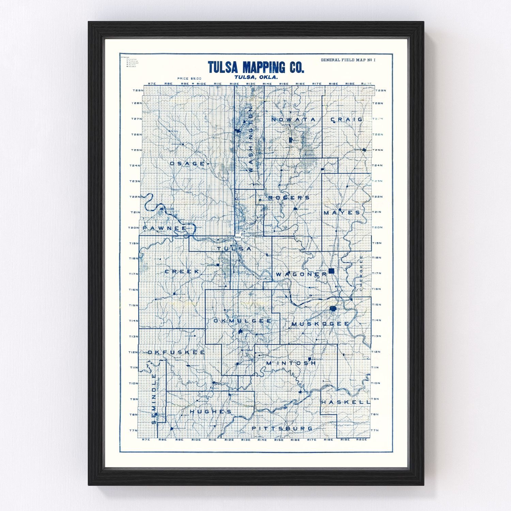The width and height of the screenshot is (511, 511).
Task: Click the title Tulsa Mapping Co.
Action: point(256,67)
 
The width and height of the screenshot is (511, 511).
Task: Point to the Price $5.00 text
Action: point(189,79)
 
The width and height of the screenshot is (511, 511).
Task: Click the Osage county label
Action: point(187,164)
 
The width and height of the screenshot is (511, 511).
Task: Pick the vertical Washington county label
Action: point(251,139)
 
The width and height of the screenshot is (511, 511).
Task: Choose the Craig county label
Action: point(347,120)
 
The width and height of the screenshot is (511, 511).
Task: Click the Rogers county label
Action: point(289,198)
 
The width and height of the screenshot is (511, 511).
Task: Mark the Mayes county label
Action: point(342,213)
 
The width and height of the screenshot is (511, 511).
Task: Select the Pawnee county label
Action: point(165,228)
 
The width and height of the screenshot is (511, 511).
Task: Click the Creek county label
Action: point(182,272)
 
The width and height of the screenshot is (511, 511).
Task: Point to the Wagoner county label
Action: point(301,274)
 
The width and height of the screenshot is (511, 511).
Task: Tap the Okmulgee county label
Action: point(243,321)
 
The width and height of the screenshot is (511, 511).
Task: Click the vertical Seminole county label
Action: point(154,399)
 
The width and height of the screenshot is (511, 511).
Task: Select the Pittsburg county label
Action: point(282,428)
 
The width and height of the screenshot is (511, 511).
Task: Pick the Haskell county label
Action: point(345,402)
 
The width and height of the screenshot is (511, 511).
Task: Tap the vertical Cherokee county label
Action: point(361,273)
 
